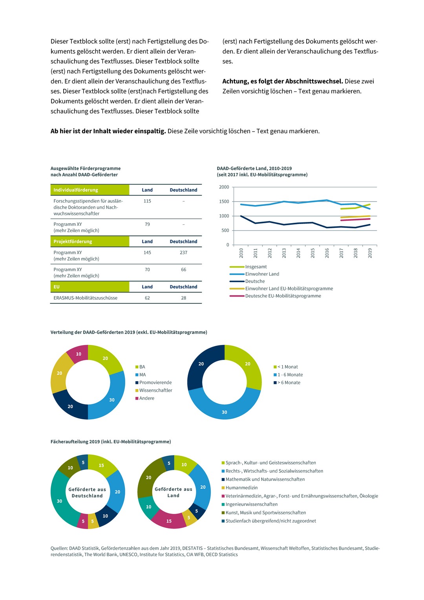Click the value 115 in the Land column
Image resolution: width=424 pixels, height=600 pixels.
click(147, 201)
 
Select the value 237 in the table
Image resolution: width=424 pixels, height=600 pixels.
click(183, 252)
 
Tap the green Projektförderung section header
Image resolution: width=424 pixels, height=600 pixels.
click(90, 241)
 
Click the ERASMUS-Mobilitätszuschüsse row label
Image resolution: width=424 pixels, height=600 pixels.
click(86, 298)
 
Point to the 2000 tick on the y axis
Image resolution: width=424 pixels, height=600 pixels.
click(224, 187)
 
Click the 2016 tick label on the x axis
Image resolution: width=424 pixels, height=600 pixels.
click(327, 253)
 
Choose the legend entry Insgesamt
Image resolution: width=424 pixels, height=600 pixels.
click(248, 267)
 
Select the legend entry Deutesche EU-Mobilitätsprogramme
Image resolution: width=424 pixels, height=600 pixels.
click(275, 296)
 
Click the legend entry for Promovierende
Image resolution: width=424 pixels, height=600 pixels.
click(154, 382)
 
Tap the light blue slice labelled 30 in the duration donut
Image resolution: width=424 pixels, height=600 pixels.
click(224, 407)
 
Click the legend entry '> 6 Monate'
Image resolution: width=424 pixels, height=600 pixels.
click(287, 382)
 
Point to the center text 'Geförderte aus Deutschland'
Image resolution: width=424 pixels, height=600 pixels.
click(87, 493)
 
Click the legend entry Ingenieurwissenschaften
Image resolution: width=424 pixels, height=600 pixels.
click(249, 504)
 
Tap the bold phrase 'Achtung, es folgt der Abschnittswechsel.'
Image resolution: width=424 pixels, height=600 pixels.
click(283, 81)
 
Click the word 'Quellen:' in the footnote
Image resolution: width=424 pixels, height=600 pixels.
click(59, 548)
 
